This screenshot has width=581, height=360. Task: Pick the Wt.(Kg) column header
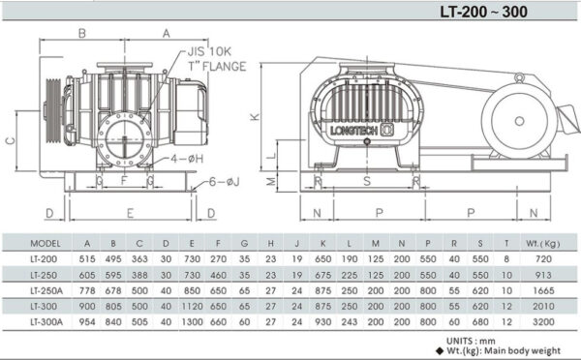(x=539, y=243)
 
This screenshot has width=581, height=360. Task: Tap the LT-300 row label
(x=46, y=305)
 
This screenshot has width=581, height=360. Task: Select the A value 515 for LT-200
(x=87, y=259)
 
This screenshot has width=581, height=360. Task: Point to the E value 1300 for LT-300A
(x=192, y=320)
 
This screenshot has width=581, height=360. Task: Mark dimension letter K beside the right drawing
(x=255, y=117)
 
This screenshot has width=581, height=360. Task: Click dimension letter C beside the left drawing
(x=10, y=138)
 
